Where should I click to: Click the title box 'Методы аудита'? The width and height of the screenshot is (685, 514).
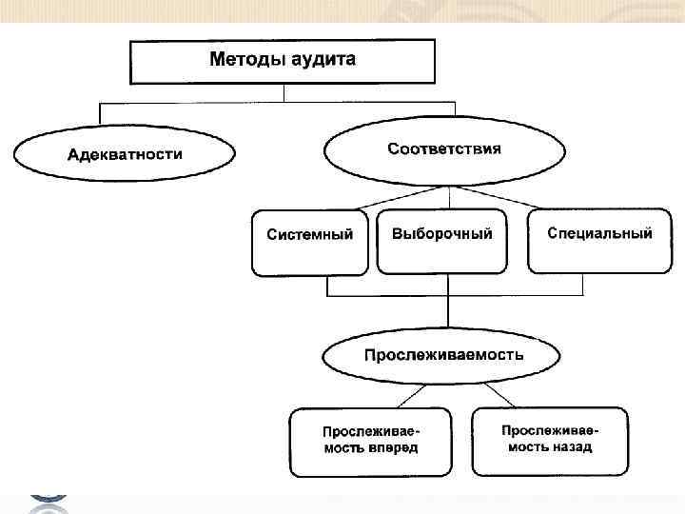283,61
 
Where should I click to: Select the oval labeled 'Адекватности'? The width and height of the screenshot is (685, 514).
125,154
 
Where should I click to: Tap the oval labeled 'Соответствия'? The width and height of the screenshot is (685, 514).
444,150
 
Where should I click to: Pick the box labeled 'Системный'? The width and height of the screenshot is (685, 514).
309,242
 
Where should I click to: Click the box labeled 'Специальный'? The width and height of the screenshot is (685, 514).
600,240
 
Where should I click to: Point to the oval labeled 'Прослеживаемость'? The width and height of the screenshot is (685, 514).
442,356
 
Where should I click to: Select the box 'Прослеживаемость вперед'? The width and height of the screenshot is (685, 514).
369,441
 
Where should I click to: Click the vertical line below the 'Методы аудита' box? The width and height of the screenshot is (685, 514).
283,93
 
